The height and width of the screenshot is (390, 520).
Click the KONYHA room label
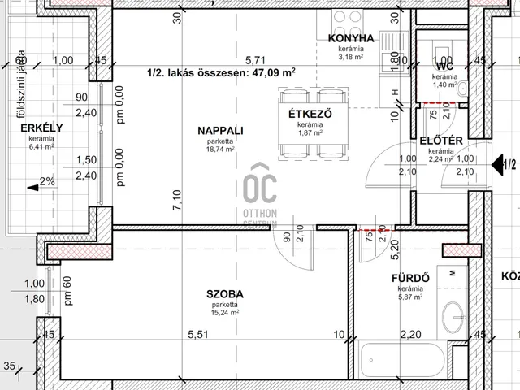[351, 38]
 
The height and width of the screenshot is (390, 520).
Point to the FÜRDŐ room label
[410, 279]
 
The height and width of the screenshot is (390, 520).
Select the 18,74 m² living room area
[219, 150]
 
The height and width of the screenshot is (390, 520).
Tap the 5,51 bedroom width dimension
[198, 334]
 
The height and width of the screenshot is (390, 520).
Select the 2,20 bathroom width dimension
[411, 334]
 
